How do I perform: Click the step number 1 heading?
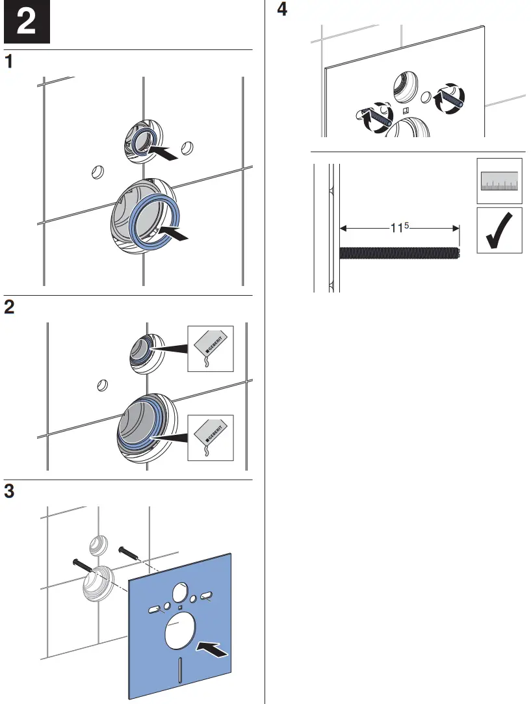10,62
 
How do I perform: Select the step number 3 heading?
10,491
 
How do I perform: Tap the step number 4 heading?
282,10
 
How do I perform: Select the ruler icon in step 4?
499,180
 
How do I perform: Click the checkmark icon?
499,231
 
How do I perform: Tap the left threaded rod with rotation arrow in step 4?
374,118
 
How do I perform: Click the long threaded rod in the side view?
399,254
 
